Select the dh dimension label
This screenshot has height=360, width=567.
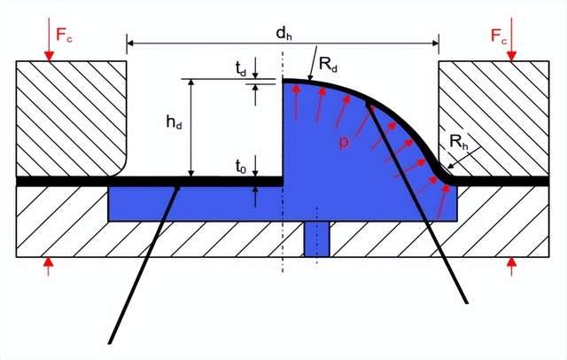point(283,34)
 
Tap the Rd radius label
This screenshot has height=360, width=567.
point(329,65)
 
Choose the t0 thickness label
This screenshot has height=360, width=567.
point(241,164)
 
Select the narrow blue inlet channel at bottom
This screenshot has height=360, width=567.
point(316,239)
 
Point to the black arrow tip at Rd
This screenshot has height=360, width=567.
point(307,80)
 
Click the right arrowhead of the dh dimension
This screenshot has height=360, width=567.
point(436,42)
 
